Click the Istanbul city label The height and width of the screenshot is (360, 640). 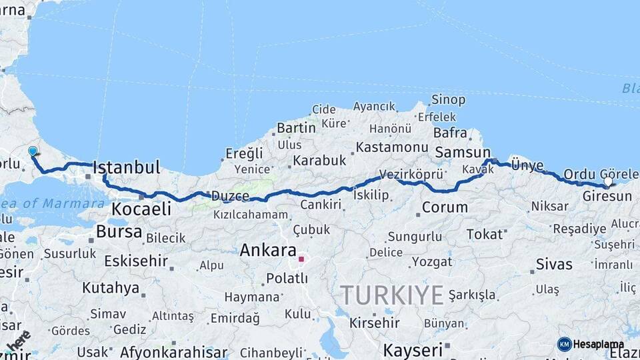[x=127, y=167]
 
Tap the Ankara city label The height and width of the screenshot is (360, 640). [x=267, y=251]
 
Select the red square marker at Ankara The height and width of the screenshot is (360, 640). [x=301, y=259]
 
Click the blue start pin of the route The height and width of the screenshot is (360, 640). [x=33, y=151]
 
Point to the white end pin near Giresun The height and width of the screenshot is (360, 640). [x=608, y=181]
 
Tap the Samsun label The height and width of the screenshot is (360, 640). [x=463, y=153]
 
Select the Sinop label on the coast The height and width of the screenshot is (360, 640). [x=449, y=99]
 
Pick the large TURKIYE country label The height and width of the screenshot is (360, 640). [x=392, y=294]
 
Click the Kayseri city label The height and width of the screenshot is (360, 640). [x=413, y=350]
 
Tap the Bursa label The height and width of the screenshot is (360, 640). [x=119, y=232]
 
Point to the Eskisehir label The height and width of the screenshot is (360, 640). [x=136, y=261]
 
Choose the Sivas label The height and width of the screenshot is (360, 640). [x=555, y=265]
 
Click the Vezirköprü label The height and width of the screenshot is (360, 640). [x=411, y=174]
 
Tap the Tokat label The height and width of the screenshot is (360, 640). [x=485, y=234]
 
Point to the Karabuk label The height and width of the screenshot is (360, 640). [x=320, y=161]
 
